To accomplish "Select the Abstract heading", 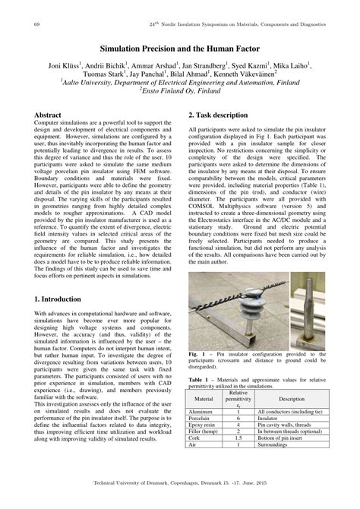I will click(50, 114).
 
